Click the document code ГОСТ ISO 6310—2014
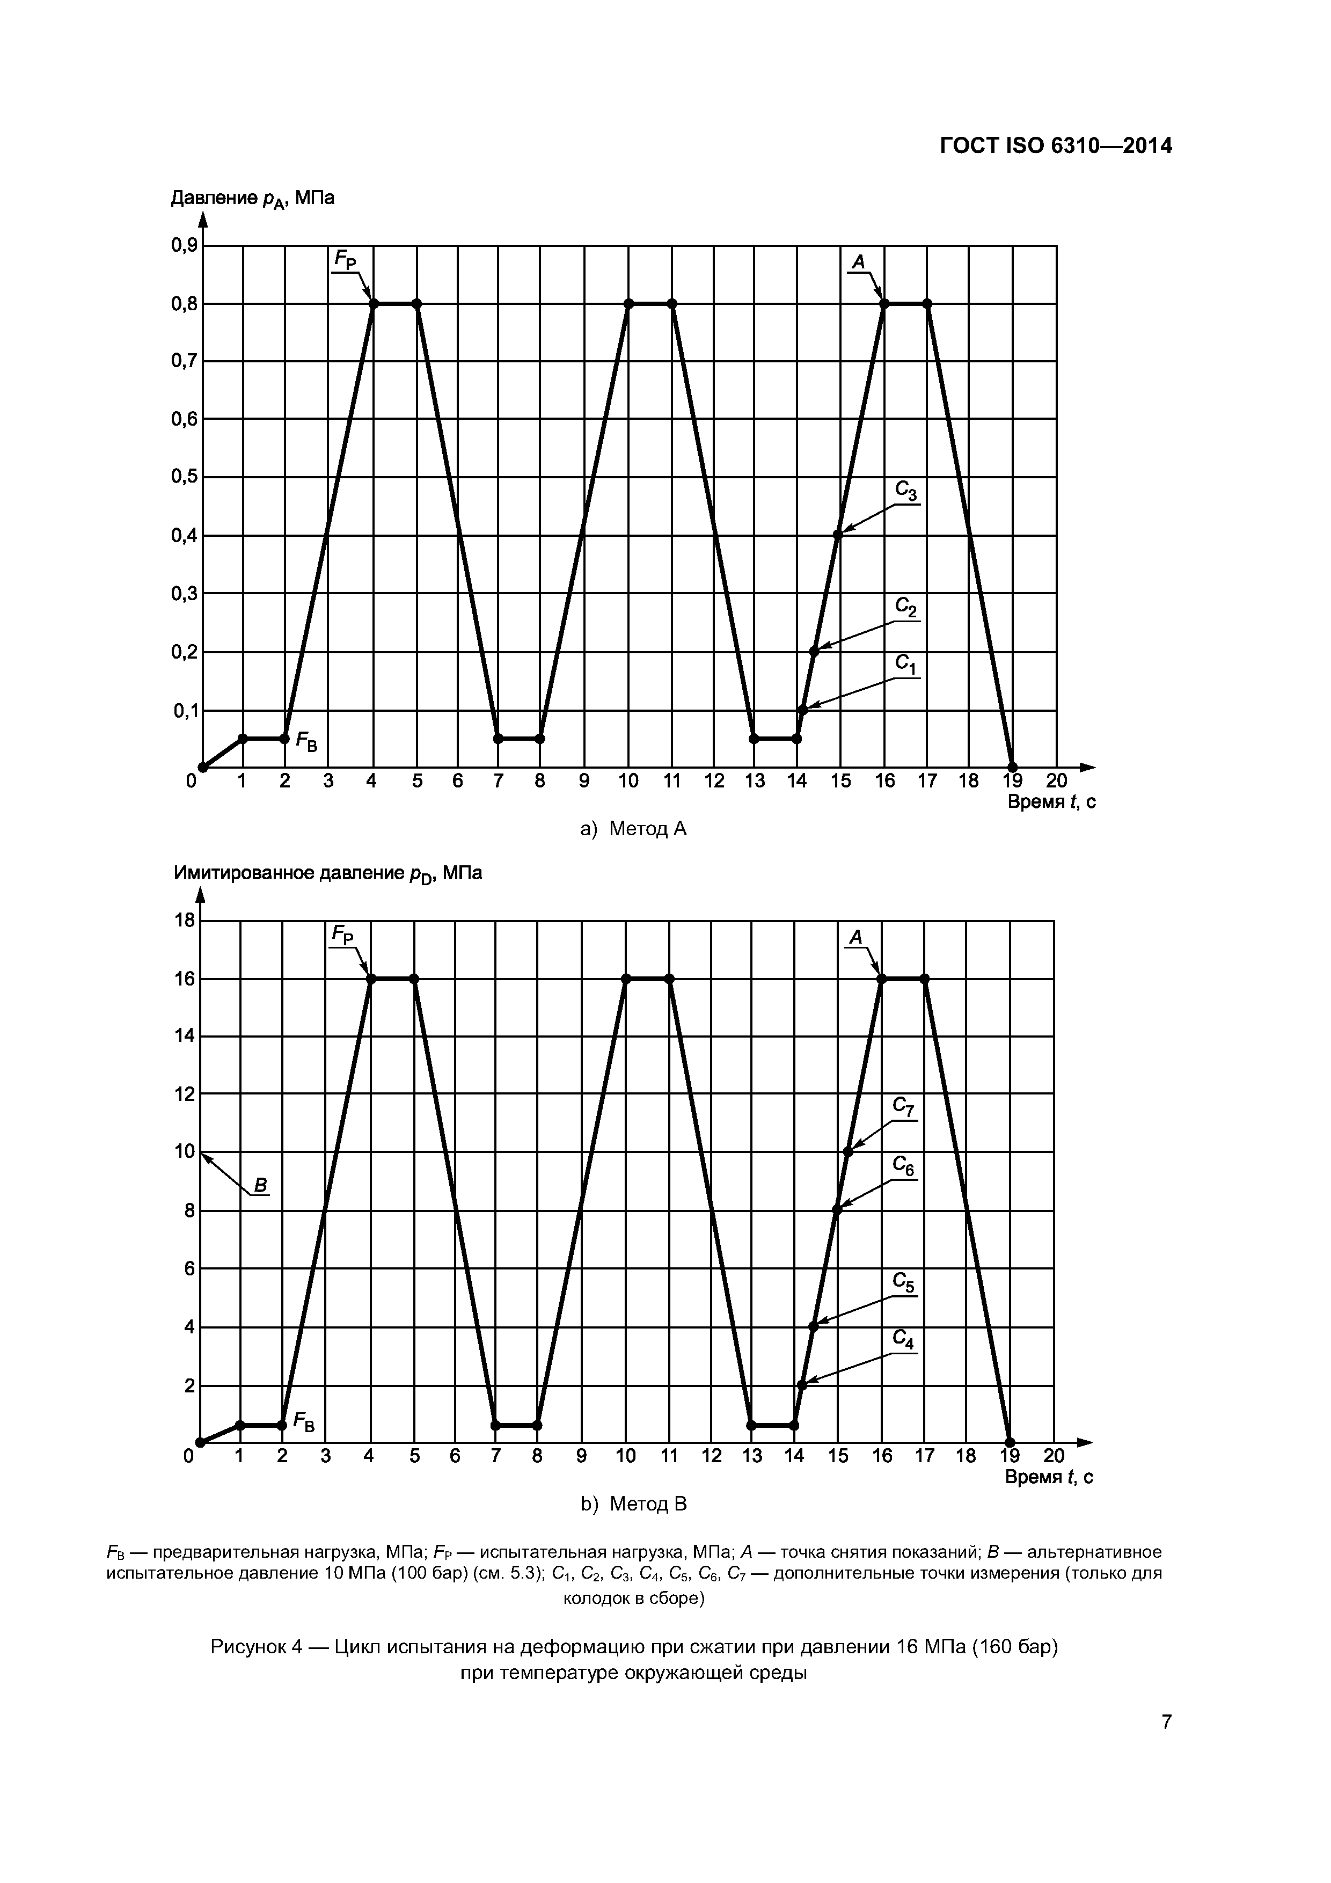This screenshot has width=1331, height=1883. pyautogui.click(x=1056, y=146)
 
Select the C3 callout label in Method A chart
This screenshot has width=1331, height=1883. pyautogui.click(x=905, y=491)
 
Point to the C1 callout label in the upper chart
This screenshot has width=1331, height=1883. pyautogui.click(x=905, y=663)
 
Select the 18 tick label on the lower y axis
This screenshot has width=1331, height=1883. pyautogui.click(x=185, y=920)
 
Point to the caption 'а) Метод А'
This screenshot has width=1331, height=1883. pyautogui.click(x=633, y=829)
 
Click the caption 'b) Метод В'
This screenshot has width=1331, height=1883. pyautogui.click(x=633, y=1504)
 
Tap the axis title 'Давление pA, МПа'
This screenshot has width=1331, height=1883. pyautogui.click(x=253, y=199)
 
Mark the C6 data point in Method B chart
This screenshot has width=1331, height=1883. pyautogui.click(x=837, y=1210)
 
